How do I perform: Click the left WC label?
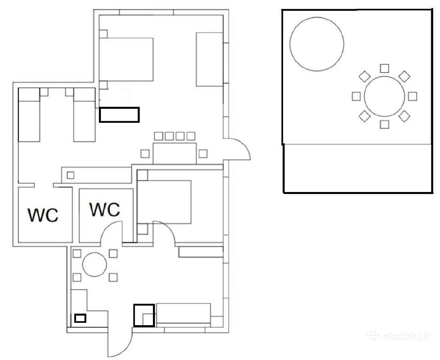pyautogui.click(x=43, y=215)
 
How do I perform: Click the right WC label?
pyautogui.click(x=104, y=209)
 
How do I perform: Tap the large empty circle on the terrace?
pyautogui.click(x=317, y=44)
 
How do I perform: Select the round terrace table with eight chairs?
pyautogui.click(x=384, y=96)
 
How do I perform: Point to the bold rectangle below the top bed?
pyautogui.click(x=119, y=115)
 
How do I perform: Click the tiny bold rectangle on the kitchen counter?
pyautogui.click(x=80, y=318)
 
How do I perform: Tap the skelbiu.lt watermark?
pyautogui.click(x=398, y=336)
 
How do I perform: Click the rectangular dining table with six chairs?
pyautogui.click(x=175, y=153)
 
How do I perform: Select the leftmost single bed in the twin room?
pyautogui.click(x=29, y=115)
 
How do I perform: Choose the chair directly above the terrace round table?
pyautogui.click(x=384, y=68)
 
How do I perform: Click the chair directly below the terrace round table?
pyautogui.click(x=384, y=124)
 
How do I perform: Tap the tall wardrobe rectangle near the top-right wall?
pyautogui.click(x=210, y=60)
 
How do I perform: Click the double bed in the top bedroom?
pyautogui.click(x=126, y=60)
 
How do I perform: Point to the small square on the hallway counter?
pyautogui.click(x=70, y=175)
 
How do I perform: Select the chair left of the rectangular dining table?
pyautogui.click(x=145, y=154)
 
